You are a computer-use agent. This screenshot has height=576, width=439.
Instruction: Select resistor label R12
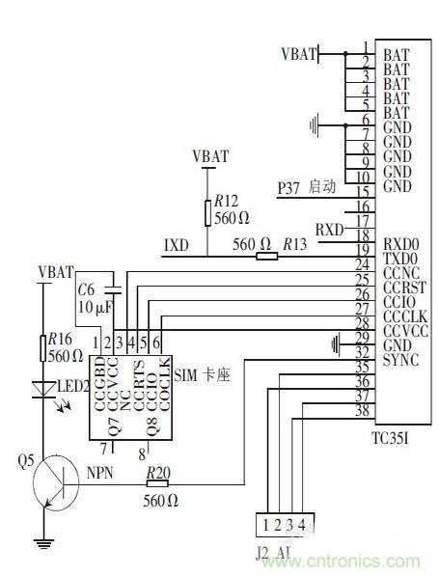click(226, 201)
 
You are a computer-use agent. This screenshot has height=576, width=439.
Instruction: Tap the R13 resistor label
click(293, 248)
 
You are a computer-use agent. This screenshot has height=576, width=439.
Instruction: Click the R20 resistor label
click(158, 472)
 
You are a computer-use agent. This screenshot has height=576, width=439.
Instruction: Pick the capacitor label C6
click(86, 290)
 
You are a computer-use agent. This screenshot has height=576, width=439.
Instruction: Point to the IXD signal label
click(176, 247)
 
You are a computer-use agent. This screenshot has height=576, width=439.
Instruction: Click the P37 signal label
click(289, 187)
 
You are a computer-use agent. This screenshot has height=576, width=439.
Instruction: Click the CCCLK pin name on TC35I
click(405, 315)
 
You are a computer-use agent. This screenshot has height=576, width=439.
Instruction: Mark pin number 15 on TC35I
click(362, 191)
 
